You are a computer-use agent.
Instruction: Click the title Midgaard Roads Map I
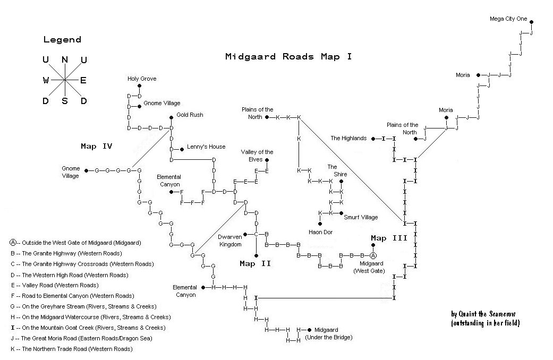point(288,56)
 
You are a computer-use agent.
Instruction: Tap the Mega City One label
point(508,19)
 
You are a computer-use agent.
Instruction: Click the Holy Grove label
point(142,79)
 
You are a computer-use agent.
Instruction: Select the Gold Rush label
point(190,115)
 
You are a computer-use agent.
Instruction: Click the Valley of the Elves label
point(257,156)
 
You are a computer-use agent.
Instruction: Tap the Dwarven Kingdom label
point(229,241)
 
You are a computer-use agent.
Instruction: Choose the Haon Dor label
point(320,232)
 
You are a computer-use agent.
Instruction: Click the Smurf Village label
point(361,217)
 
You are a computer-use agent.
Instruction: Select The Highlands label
point(348,139)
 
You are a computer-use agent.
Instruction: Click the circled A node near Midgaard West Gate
point(373,255)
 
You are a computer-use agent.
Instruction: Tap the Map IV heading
point(96,146)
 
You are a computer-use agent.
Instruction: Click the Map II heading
point(256,263)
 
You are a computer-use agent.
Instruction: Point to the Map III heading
point(389,238)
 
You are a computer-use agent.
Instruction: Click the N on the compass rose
point(65,59)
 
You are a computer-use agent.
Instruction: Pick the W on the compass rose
point(46,80)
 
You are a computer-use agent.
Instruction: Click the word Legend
point(62,39)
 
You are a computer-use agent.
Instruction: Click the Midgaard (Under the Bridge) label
point(329,333)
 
